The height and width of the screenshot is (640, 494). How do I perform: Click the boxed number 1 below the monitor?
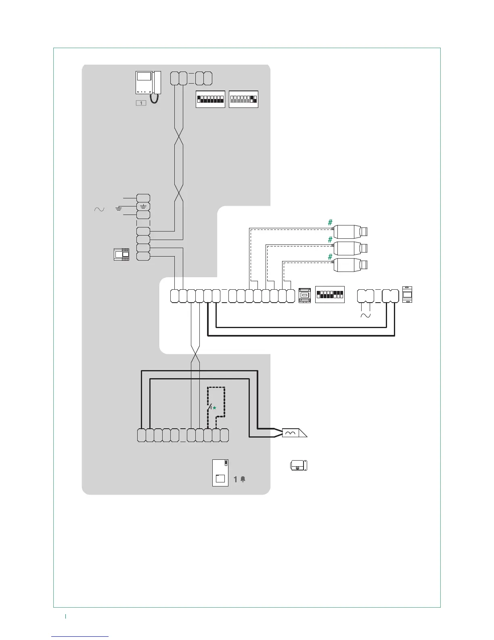coord(141,103)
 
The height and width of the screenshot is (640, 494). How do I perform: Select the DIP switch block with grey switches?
coord(243,99)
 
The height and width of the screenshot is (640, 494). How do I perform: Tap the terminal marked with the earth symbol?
coord(143,206)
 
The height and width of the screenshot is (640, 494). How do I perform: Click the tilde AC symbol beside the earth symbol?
coord(99,209)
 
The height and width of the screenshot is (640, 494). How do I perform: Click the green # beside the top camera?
coord(330,222)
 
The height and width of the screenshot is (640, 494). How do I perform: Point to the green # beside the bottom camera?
coord(330,257)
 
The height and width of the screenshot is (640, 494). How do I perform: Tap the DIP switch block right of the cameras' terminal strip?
coord(329,295)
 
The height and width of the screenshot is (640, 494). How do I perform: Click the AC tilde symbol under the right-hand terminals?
coord(365,315)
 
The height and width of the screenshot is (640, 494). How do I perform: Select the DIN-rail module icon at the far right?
coord(407,295)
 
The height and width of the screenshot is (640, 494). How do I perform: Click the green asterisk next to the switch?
coord(214,408)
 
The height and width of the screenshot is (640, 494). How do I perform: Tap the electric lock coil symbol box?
coord(290,433)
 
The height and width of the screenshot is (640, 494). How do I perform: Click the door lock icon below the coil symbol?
coord(298,465)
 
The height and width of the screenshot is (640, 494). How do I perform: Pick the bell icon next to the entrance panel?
coord(243,479)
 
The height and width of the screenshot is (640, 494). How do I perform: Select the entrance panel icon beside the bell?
coord(220,473)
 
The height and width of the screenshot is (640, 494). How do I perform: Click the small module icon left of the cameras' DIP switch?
coord(304,295)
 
